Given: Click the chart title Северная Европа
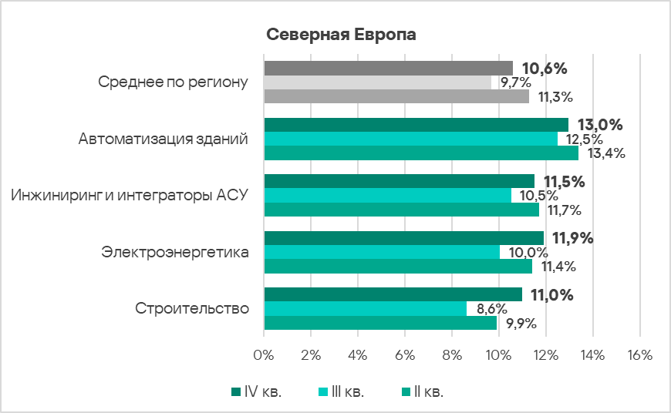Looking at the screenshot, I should tap(341, 35).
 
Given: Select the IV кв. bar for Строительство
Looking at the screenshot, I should tap(393, 294).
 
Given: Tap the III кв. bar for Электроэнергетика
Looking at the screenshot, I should tap(382, 252).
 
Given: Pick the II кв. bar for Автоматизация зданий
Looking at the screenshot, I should tap(421, 153).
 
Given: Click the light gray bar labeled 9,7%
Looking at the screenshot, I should tap(378, 82).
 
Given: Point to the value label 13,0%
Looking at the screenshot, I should tap(595, 125).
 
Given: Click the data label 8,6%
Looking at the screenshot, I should tap(491, 309).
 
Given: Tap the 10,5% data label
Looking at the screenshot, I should tap(534, 196).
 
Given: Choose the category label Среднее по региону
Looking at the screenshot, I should tap(174, 82).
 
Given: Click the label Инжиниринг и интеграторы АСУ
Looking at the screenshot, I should tap(130, 196).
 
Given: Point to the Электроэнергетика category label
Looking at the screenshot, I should tap(175, 252).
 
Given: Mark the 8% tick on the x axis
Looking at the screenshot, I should tap(452, 355).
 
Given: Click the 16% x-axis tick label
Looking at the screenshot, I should tap(640, 355).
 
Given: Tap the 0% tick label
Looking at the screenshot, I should tap(264, 355).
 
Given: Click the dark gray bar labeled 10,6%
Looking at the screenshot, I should tap(388, 68).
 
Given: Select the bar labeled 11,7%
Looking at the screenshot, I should tap(401, 210).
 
